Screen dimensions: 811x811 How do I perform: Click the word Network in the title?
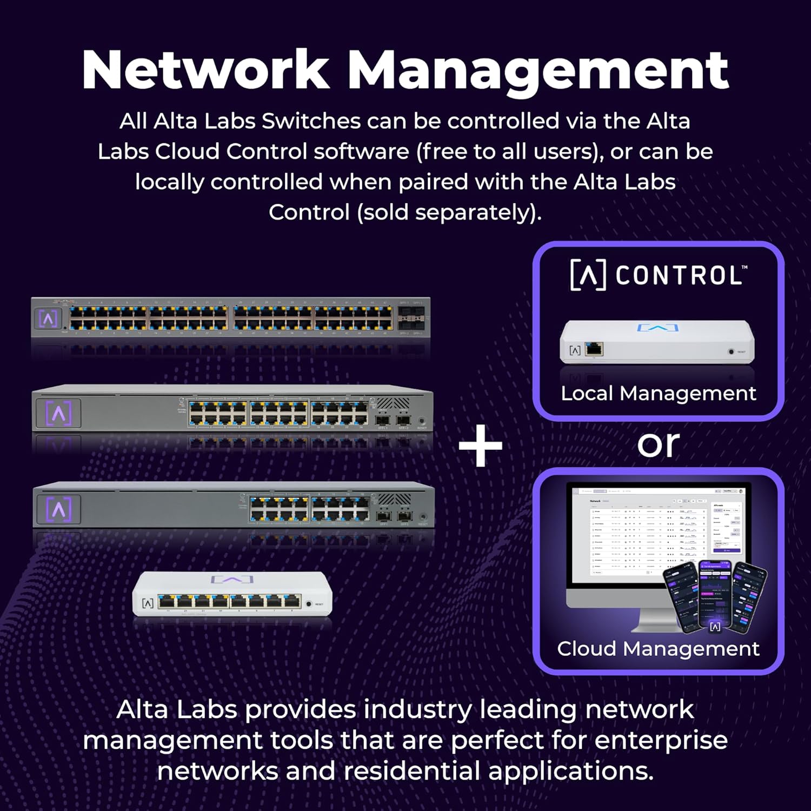tap(205, 70)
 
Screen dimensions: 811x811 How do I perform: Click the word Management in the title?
tap(537, 70)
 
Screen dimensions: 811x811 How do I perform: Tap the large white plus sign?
tap(481, 446)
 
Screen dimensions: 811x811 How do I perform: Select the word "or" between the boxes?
tap(658, 444)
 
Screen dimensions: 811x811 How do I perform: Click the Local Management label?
tap(658, 394)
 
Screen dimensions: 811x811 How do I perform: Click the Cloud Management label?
tap(658, 649)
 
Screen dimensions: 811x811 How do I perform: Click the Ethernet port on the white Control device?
tap(594, 349)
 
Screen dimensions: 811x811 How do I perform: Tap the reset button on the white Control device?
tap(731, 351)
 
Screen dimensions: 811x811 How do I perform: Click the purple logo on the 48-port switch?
tap(48, 318)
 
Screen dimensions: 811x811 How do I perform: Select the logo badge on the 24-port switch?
tap(58, 414)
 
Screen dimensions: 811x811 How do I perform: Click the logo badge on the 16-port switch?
tap(58, 509)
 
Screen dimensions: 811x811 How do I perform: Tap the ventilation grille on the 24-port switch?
tap(393, 404)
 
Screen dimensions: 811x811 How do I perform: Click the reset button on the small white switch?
tap(309, 603)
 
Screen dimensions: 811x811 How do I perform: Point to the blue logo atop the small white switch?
tap(232, 580)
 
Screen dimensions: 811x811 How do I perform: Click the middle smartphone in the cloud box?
tap(715, 595)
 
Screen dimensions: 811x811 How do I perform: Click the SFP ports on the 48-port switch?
tap(411, 318)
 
